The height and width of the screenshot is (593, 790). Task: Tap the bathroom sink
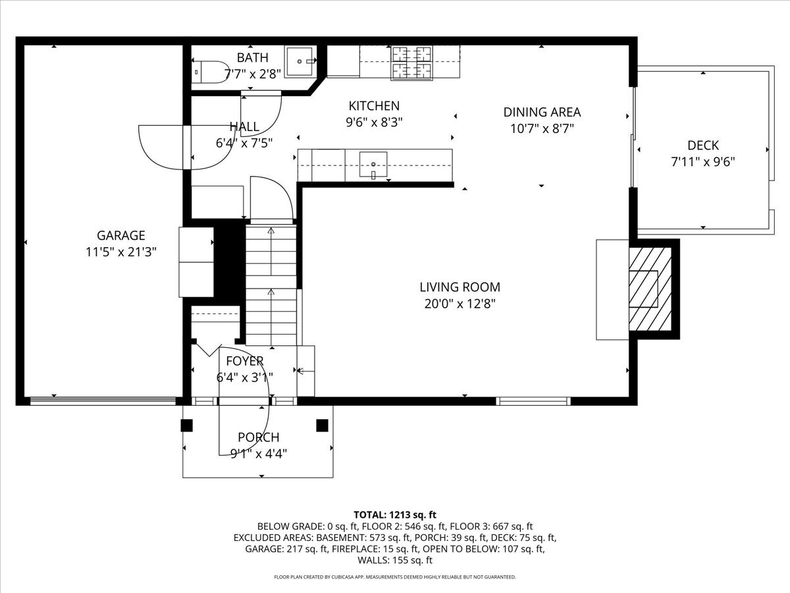click(x=300, y=61)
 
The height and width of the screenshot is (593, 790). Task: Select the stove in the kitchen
click(x=412, y=63)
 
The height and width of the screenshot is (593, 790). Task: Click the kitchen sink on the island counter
click(x=373, y=165)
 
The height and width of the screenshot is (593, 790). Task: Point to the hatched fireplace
click(x=650, y=288)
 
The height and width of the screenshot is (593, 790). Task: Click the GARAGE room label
click(x=120, y=235)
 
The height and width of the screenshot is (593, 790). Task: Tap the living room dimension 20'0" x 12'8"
click(x=460, y=304)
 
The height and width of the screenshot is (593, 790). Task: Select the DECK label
click(x=702, y=146)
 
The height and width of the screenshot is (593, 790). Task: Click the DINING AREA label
click(x=542, y=112)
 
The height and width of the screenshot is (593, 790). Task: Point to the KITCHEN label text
click(x=373, y=105)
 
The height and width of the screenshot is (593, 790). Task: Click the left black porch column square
click(x=187, y=426)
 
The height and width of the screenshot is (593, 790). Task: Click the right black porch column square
click(x=322, y=426)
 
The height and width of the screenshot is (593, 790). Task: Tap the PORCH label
click(x=258, y=437)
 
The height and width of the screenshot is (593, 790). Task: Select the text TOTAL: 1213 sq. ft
click(x=394, y=515)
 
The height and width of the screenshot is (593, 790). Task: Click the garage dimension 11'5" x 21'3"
click(x=120, y=252)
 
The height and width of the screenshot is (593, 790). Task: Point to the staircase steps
click(x=271, y=283)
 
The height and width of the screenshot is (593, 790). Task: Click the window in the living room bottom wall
click(x=533, y=401)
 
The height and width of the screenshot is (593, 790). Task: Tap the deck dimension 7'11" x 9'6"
click(x=702, y=161)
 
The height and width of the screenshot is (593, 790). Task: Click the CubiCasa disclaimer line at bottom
click(x=394, y=577)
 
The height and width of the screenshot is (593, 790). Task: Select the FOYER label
click(x=244, y=360)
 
